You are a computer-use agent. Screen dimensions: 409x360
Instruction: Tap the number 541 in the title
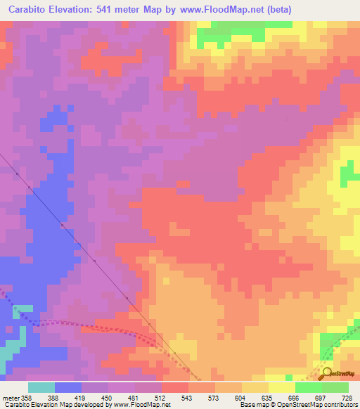pos(109,8)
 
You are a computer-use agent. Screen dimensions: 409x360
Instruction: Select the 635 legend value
pos(269,397)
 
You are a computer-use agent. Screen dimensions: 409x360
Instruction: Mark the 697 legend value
pos(322,397)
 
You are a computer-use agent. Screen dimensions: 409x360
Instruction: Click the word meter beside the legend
pos(9,397)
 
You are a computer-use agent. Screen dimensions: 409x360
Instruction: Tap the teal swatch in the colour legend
pos(41,387)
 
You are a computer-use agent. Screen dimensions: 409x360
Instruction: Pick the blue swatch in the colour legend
pos(68,387)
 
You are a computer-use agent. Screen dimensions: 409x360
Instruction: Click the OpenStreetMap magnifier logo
pos(328,373)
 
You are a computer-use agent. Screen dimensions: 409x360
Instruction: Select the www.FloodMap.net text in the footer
pos(140,405)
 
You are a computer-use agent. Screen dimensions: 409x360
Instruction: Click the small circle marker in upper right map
pos(285,118)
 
